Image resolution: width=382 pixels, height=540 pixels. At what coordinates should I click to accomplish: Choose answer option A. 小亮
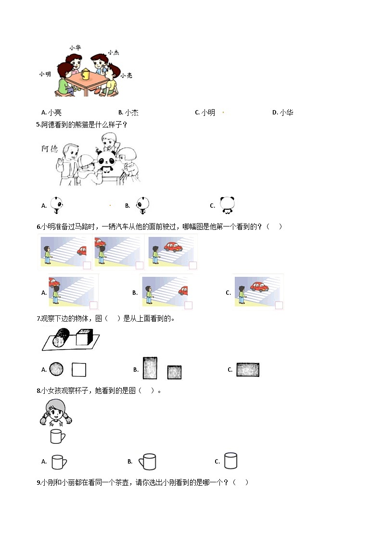click(51, 113)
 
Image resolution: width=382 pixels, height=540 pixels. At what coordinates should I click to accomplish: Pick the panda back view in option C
click(226, 205)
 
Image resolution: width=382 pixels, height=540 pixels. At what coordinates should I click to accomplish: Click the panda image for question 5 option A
click(57, 205)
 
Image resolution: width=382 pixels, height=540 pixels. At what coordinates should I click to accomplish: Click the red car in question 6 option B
click(183, 290)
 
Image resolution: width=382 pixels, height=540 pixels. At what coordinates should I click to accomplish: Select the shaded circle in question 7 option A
click(57, 369)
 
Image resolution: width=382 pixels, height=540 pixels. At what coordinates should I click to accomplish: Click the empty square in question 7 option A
click(78, 369)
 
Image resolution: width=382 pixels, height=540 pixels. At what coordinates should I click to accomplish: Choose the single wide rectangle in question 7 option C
click(248, 369)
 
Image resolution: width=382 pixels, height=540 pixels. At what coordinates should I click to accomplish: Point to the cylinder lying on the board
click(61, 337)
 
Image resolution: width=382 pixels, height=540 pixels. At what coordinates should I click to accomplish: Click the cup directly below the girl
click(57, 436)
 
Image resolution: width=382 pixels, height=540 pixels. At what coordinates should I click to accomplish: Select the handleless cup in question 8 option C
click(230, 461)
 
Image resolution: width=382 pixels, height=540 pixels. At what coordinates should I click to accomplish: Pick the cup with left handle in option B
click(148, 462)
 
